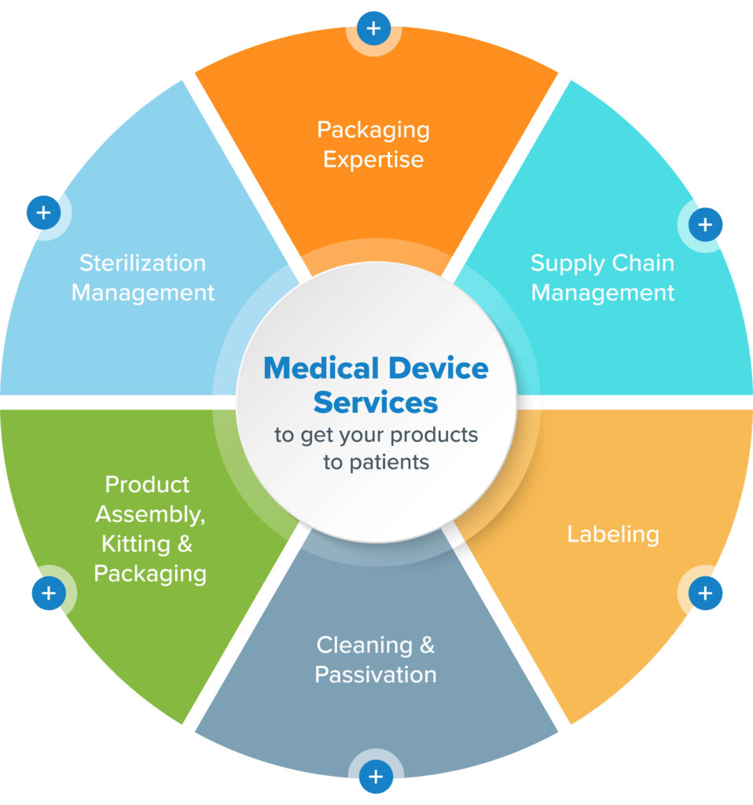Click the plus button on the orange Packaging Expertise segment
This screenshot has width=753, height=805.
click(374, 29)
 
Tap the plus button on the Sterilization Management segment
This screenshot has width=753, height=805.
click(44, 212)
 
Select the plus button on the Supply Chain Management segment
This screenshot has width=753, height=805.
click(705, 225)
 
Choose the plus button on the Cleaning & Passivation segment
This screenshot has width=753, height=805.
click(376, 777)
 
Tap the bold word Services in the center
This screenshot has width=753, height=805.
click(375, 402)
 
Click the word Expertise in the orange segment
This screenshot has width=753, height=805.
click(373, 160)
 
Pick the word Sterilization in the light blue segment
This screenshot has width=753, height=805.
click(143, 263)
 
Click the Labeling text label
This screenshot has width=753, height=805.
click(612, 535)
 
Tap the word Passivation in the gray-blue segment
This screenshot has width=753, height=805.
click(376, 675)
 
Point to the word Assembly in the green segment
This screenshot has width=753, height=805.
click(148, 514)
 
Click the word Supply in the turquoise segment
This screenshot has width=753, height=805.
click(564, 263)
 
